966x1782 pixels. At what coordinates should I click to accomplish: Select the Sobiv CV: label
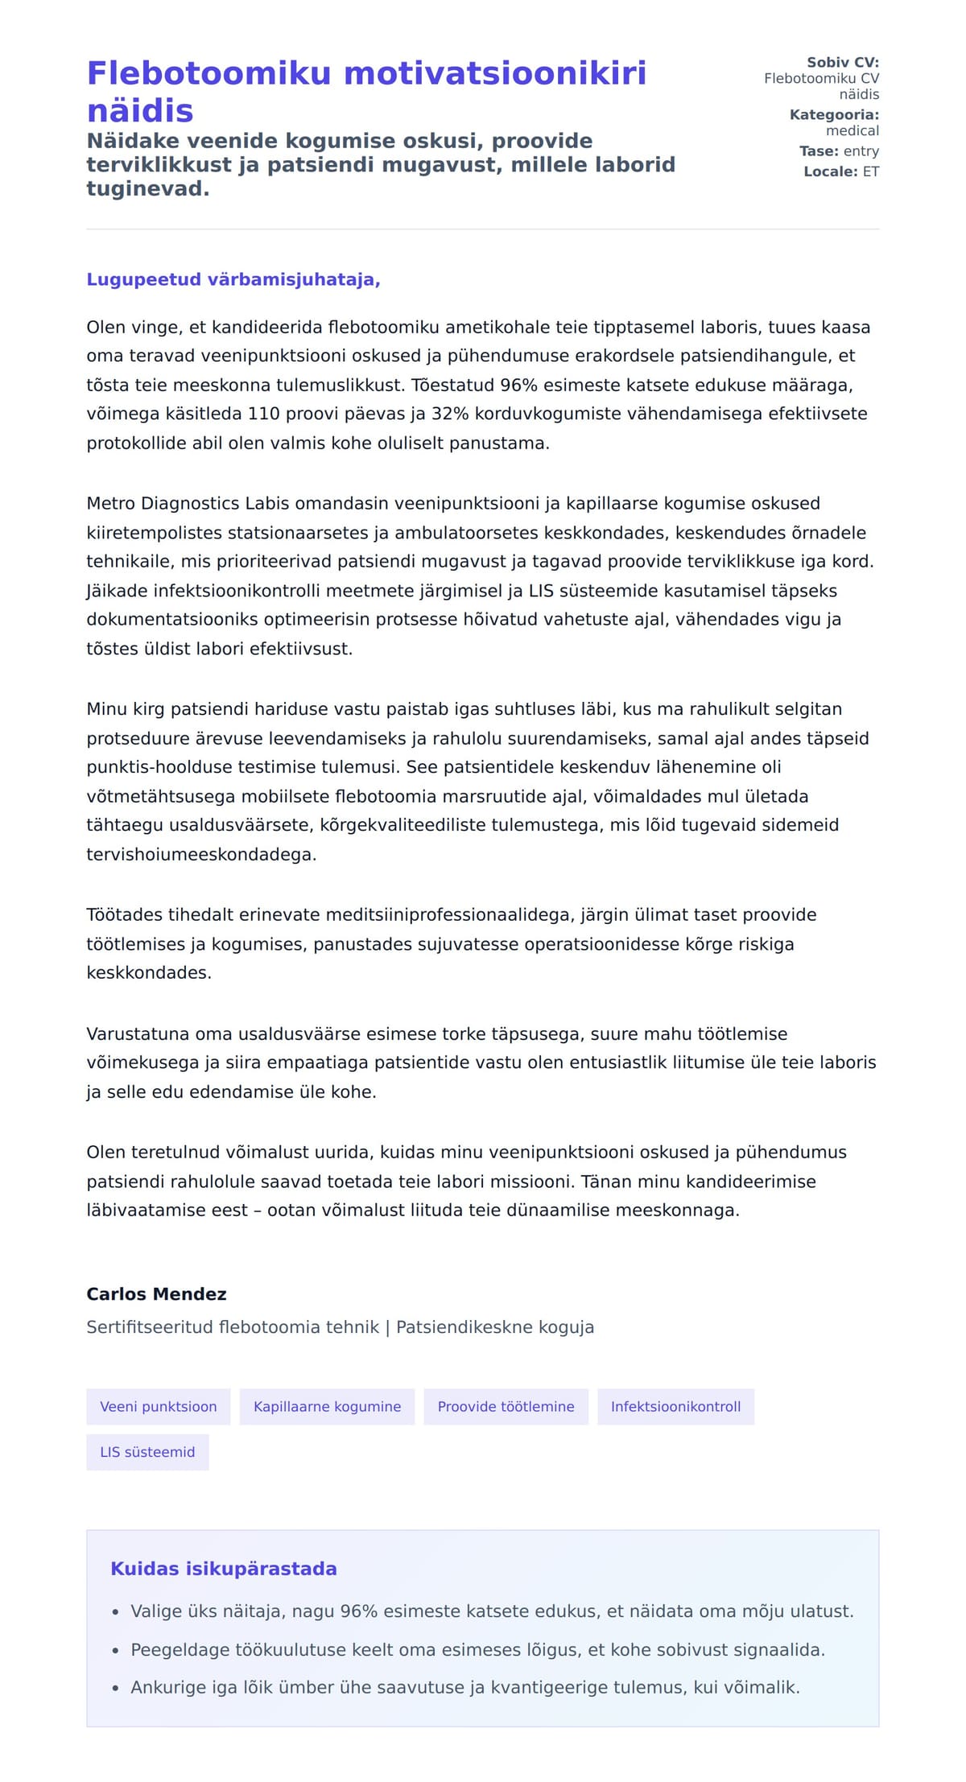click(842, 62)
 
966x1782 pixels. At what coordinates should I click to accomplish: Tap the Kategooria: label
click(834, 114)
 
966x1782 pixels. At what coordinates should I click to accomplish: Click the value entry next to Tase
click(861, 151)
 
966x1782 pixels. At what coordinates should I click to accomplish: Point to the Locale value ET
click(871, 171)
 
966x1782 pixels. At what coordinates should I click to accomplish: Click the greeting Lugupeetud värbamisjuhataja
click(233, 279)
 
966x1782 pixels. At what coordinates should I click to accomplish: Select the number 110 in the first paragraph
click(263, 414)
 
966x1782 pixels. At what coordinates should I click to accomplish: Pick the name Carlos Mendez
click(156, 1293)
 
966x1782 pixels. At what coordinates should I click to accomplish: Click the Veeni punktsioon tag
click(159, 1406)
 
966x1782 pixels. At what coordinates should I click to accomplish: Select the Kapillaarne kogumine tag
click(327, 1406)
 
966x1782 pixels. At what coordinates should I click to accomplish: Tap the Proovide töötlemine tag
click(506, 1406)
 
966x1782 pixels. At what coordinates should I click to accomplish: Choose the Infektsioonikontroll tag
click(675, 1406)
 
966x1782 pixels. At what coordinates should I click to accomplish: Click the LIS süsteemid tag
click(147, 1452)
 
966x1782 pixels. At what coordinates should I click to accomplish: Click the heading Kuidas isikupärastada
click(223, 1568)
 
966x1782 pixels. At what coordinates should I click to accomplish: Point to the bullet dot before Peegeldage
click(116, 1651)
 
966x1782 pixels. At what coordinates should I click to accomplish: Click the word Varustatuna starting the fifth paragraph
click(134, 1033)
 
